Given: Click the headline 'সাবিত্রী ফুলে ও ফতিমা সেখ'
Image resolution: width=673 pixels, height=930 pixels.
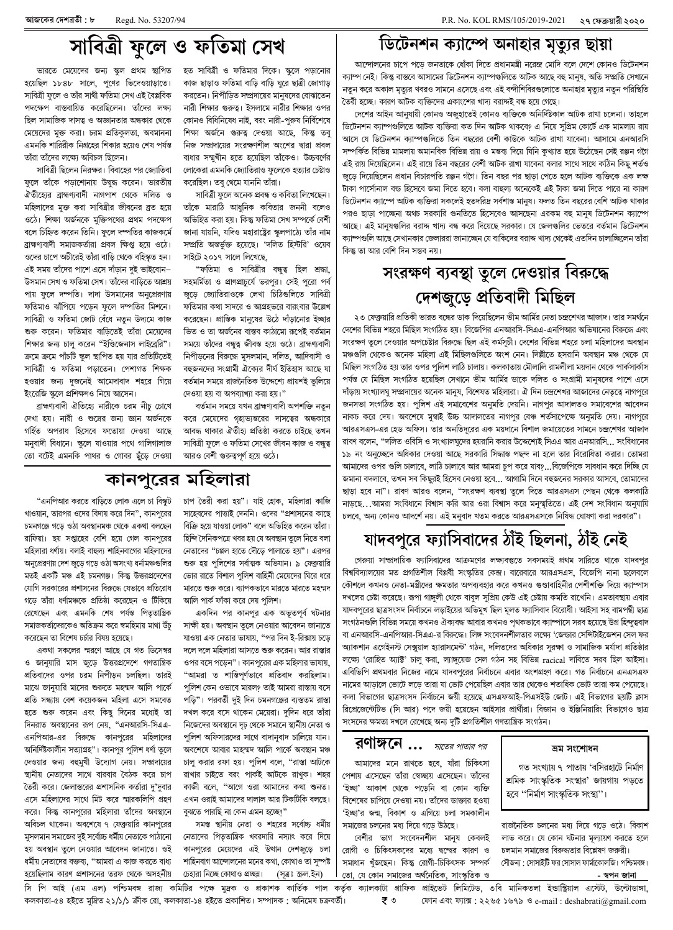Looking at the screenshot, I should tap(168, 39).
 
